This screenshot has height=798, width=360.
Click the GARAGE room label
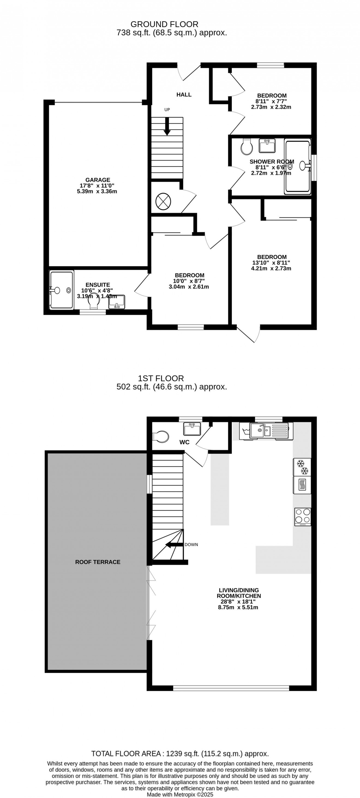98,180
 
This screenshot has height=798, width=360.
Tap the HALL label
184,94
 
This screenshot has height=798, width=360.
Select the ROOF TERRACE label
98,562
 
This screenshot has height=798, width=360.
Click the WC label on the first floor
184,442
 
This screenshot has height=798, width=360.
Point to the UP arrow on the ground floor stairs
167,126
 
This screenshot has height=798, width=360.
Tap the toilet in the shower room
247,146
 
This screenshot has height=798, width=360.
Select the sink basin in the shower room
267,146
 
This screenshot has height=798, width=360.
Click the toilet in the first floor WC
161,437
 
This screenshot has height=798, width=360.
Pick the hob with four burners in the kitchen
302,517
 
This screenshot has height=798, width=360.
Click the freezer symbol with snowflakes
302,467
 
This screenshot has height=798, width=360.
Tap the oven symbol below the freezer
302,485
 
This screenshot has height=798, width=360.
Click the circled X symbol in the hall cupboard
163,202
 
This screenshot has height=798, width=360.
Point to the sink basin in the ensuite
117,302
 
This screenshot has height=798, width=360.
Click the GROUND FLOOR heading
164,24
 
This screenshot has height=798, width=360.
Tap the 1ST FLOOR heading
161,378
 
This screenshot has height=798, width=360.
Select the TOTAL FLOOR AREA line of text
180,753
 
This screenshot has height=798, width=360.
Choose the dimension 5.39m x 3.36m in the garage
97,191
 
